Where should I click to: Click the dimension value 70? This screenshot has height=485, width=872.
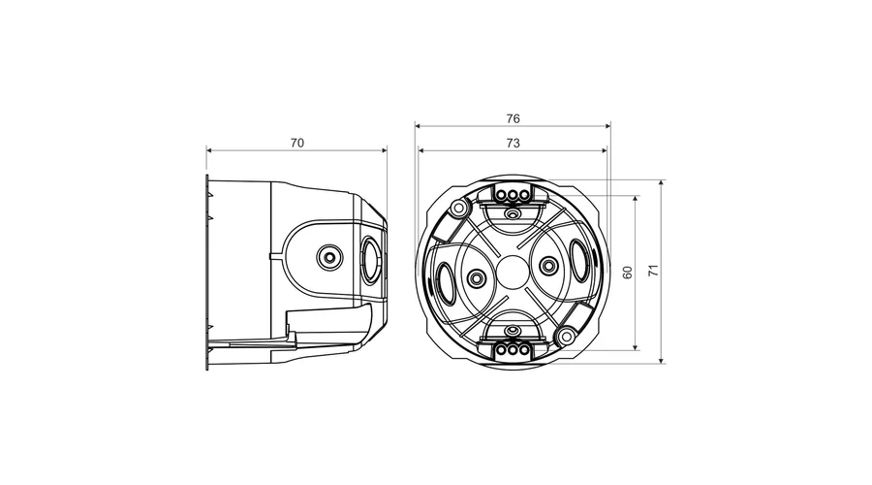297,144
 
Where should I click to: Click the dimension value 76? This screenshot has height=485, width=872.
513,118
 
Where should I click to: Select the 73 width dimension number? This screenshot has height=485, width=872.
513,144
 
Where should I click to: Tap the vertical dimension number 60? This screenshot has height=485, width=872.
627,273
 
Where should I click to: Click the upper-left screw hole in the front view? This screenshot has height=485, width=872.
459,210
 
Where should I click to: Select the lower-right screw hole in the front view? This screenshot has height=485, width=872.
566,336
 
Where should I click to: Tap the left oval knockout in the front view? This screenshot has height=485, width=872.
446,283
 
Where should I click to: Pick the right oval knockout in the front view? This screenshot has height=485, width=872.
579,261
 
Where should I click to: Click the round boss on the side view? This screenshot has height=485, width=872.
329,258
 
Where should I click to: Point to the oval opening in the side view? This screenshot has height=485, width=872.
371,260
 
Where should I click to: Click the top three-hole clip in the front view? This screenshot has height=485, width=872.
512,194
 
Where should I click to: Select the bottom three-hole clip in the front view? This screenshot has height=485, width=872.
512,350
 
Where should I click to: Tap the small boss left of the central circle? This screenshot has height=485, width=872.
476,277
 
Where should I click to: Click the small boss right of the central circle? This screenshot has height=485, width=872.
548,266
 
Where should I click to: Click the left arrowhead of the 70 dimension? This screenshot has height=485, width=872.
210,149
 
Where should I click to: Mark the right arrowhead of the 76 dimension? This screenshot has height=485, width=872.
607,126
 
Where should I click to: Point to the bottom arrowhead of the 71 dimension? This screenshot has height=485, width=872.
662,360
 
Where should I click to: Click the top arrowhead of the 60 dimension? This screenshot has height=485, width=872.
636,200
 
